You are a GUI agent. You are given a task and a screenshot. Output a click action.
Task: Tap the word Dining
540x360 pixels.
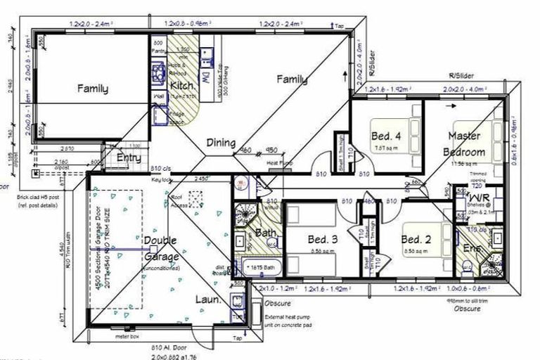[x=221, y=143]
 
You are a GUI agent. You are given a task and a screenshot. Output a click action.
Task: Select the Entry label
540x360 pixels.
[x=129, y=158]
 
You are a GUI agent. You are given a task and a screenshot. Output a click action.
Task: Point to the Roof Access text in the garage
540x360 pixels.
[x=180, y=201]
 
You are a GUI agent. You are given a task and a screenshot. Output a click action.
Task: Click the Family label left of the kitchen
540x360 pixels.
[x=93, y=89]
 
